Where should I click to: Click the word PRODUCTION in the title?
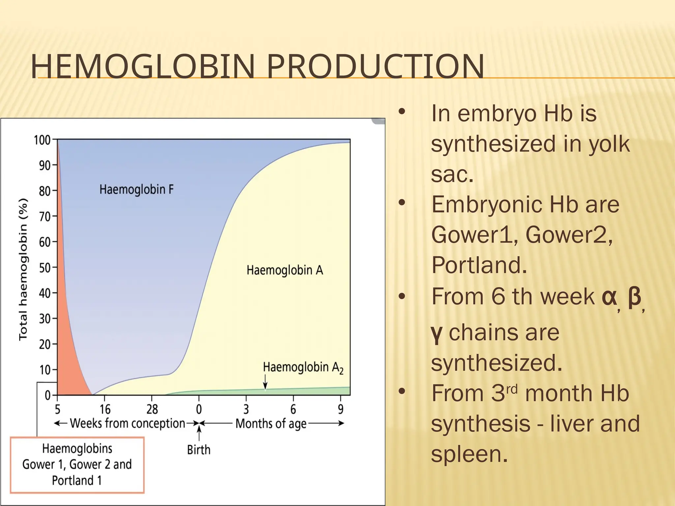[x=375, y=67]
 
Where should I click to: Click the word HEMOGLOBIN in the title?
[x=143, y=67]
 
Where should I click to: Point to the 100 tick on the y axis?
[x=42, y=140]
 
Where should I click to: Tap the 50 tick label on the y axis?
[x=44, y=268]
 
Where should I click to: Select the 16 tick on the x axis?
[x=105, y=409]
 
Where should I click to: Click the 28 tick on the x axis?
[x=152, y=409]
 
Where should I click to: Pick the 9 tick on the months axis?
[x=340, y=409]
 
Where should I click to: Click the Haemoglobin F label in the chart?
[x=136, y=190]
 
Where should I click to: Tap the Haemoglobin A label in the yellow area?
[x=285, y=270]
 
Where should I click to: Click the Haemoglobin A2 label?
[x=303, y=368]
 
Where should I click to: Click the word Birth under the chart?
[x=198, y=450]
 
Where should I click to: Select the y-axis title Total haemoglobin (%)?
[x=23, y=269]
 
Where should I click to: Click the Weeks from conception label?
[x=128, y=424]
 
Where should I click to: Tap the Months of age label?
[x=271, y=424]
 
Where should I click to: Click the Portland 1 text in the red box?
[x=77, y=481]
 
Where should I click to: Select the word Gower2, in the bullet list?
[x=569, y=235]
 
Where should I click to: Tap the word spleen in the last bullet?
[x=469, y=454]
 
